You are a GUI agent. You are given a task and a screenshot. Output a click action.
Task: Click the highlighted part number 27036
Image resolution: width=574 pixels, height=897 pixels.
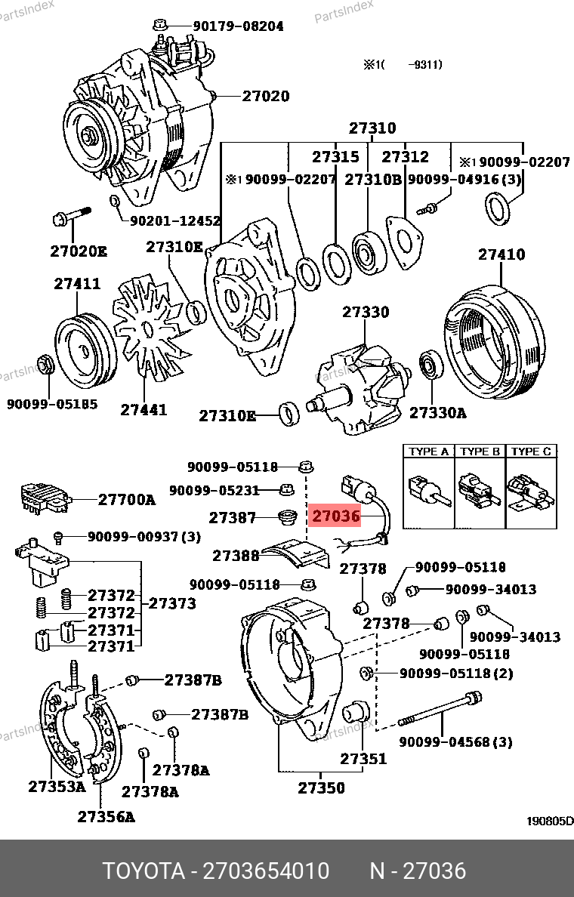[x=336, y=517]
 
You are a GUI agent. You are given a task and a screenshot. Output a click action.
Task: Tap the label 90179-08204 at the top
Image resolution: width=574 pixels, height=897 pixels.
[x=238, y=26]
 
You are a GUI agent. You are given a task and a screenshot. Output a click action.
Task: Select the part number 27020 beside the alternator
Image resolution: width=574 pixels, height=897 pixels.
[x=266, y=96]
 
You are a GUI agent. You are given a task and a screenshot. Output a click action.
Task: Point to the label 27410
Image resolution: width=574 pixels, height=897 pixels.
[x=501, y=254]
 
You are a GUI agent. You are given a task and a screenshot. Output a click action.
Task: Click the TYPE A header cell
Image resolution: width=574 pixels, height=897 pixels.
[x=428, y=452]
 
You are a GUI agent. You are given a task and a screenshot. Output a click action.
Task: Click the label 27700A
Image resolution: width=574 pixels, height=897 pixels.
[x=127, y=499]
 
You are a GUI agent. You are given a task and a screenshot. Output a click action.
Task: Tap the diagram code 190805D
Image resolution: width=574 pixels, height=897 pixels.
[x=548, y=821]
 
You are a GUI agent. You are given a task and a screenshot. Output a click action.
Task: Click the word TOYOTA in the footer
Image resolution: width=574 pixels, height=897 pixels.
[x=143, y=871]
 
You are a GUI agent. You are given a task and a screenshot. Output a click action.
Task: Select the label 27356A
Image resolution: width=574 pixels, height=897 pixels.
[x=106, y=816]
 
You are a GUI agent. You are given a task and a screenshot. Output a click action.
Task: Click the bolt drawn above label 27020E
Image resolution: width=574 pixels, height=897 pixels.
[x=69, y=217]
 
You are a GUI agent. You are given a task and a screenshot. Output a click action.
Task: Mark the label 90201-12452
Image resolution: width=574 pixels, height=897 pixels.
[x=175, y=221]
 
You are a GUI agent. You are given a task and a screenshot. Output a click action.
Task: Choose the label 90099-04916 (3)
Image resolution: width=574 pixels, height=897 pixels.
[x=464, y=180]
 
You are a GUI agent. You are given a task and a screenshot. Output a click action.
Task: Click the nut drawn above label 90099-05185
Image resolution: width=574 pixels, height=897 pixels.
[x=45, y=365]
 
